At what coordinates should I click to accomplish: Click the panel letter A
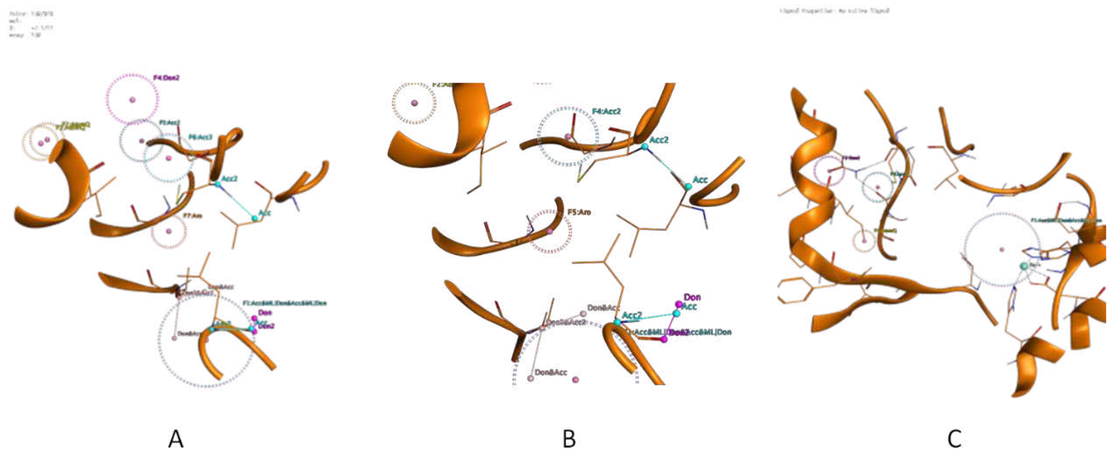tap(176, 439)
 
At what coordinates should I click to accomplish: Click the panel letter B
tap(569, 439)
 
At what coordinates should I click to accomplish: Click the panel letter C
tap(954, 439)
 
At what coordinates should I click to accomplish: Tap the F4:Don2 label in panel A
tap(166, 78)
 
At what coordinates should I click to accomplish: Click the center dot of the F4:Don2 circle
tap(132, 100)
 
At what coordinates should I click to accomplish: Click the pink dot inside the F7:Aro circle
tap(169, 231)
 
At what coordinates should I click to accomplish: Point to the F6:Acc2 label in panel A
tap(200, 137)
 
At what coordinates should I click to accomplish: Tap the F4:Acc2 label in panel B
tap(606, 111)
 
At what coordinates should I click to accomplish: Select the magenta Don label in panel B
tap(692, 297)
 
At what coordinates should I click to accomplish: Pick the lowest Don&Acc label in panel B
tap(550, 372)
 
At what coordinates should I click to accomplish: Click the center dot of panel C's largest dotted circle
tap(1002, 250)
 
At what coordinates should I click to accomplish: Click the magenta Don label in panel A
tap(265, 313)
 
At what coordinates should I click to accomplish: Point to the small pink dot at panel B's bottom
tap(576, 380)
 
